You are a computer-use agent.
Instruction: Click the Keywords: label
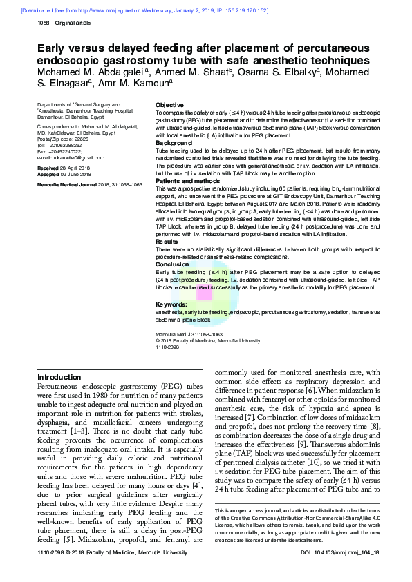tap(172, 304)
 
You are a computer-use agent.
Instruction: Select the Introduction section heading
tap(59, 378)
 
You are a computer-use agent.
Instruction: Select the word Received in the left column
tap(48, 168)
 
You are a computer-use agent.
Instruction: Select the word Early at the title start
tap(53, 49)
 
